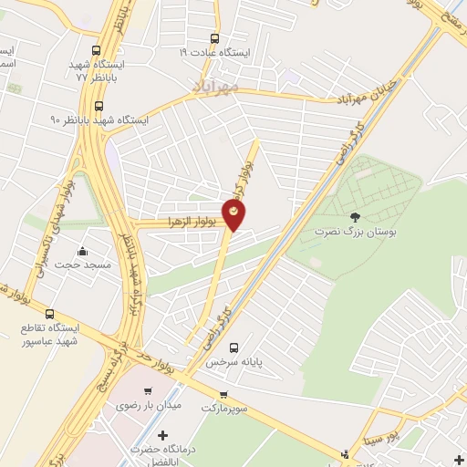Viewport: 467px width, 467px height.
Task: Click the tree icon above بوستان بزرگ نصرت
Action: pos(354,217)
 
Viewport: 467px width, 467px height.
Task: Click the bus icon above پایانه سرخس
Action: pos(234,347)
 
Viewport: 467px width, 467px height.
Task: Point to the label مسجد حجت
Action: pos(84,265)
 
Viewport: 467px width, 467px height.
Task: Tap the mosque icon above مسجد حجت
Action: pos(83,251)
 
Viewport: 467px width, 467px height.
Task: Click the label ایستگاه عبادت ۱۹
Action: pos(214,53)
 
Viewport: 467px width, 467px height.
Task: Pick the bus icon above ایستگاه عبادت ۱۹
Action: pos(215,38)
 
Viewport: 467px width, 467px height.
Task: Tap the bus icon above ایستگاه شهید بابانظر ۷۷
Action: pos(98,51)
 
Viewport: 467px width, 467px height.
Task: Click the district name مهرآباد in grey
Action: pos(216,86)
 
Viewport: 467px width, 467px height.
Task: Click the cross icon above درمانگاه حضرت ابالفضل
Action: pos(164,437)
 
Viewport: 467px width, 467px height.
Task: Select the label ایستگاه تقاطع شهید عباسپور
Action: pos(52,334)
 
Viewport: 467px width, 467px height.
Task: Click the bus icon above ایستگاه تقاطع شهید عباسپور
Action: pos(49,313)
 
